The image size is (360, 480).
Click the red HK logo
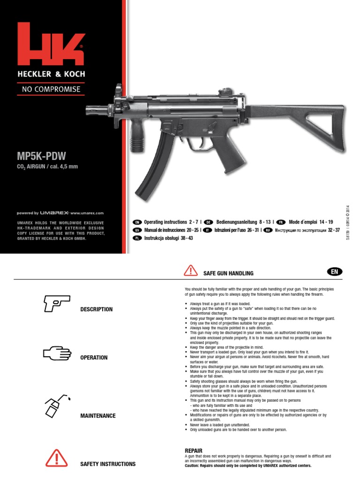51,45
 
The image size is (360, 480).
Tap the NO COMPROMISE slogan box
52,89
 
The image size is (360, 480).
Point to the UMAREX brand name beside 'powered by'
55,213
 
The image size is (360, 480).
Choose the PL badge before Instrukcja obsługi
137,238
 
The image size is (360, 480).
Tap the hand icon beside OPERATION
56,355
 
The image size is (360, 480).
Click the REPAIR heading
194,450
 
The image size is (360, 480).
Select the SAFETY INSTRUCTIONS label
108,464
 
